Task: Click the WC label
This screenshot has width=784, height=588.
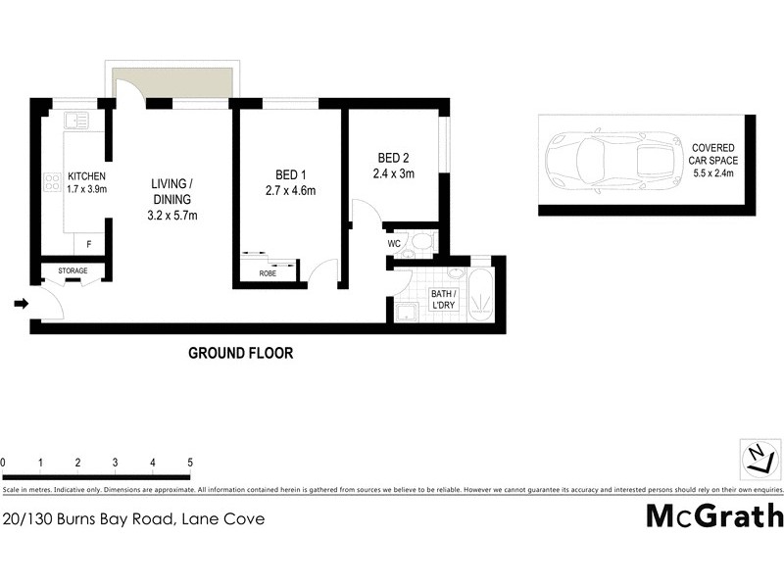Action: coord(394,243)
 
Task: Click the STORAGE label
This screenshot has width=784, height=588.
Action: coord(73,270)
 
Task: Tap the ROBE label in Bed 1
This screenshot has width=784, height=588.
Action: coord(268,274)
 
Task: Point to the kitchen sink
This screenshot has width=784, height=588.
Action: coord(75,122)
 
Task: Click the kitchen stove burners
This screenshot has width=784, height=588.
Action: coord(53,182)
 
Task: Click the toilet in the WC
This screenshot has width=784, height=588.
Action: coord(421,241)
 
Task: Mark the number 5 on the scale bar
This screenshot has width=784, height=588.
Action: coord(190,462)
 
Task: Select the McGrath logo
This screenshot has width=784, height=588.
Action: coord(713,516)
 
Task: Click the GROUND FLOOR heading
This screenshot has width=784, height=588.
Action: coord(240,354)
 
